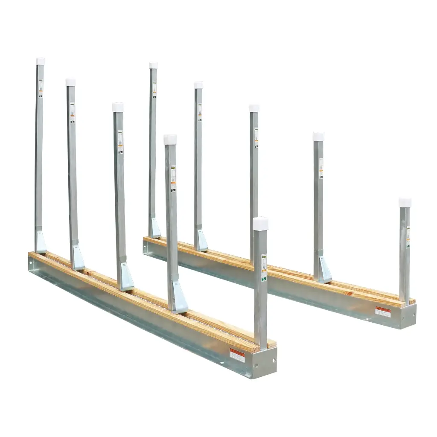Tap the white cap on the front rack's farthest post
click(40, 61)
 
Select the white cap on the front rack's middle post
click(118, 107)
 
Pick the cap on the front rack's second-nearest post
click(170, 140)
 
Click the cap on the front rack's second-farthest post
click(71, 82)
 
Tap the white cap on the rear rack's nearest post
click(405, 202)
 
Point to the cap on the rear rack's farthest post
click(153, 65)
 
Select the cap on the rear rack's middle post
click(254, 108)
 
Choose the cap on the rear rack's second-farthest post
click(198, 85)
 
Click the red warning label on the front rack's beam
click(237, 355)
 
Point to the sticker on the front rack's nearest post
click(264, 267)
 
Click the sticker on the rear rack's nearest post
click(408, 237)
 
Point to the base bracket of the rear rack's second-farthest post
click(201, 242)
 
